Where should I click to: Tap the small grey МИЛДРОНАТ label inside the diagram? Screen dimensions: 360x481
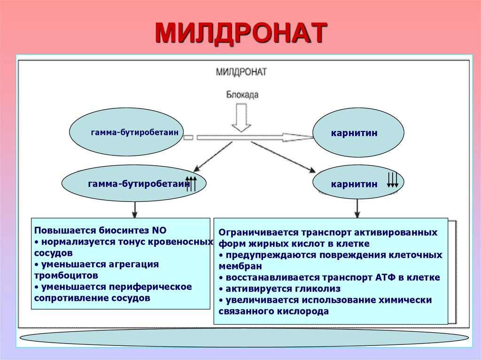[241, 72]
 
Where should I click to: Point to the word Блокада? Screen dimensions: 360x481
[242, 95]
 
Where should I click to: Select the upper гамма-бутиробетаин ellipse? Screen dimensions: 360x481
[126, 133]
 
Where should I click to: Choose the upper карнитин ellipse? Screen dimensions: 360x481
[358, 134]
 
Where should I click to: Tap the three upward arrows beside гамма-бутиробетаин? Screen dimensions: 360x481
[191, 184]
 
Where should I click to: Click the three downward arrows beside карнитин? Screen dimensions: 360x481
[392, 181]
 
